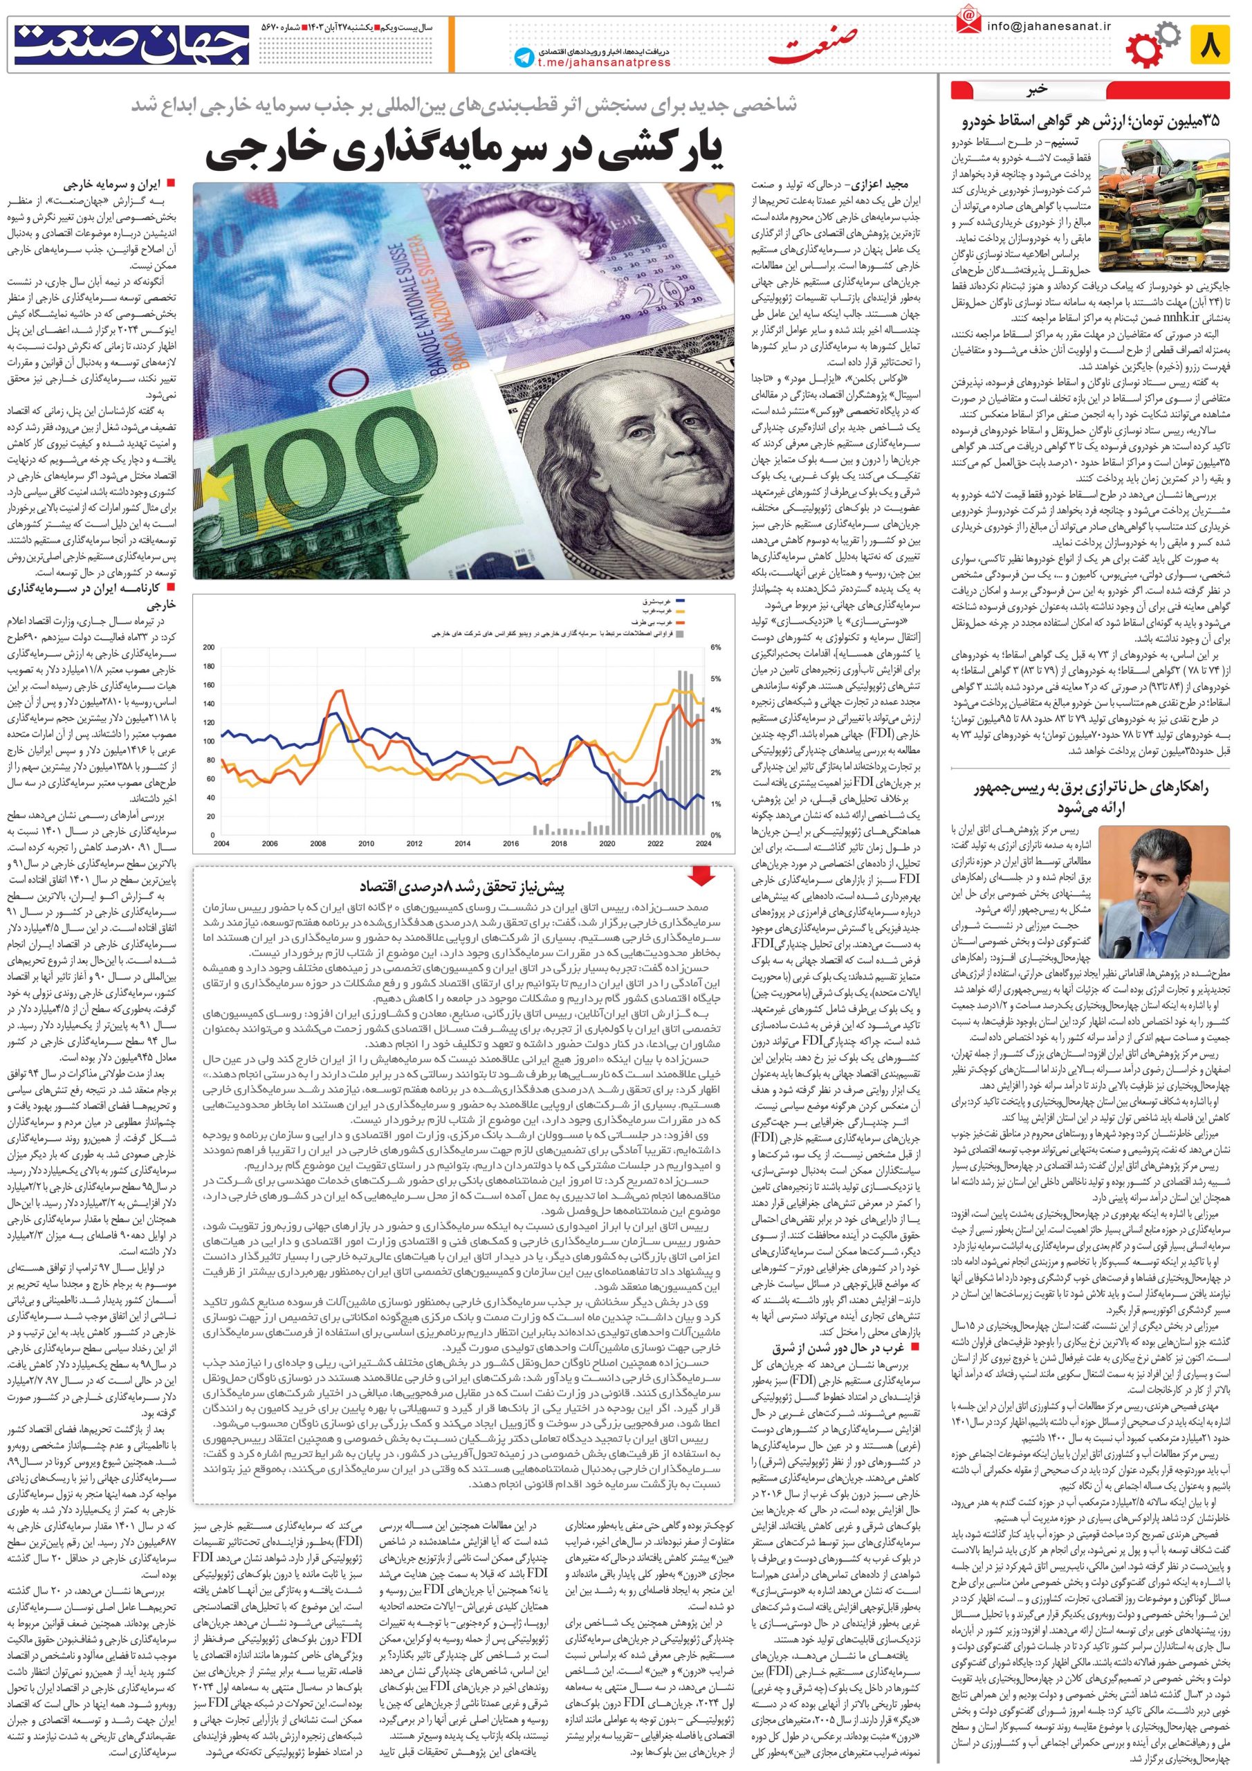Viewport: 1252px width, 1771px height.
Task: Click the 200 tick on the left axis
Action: point(207,646)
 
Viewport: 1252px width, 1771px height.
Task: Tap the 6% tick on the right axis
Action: point(715,646)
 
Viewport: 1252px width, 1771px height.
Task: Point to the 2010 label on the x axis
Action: point(366,843)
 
